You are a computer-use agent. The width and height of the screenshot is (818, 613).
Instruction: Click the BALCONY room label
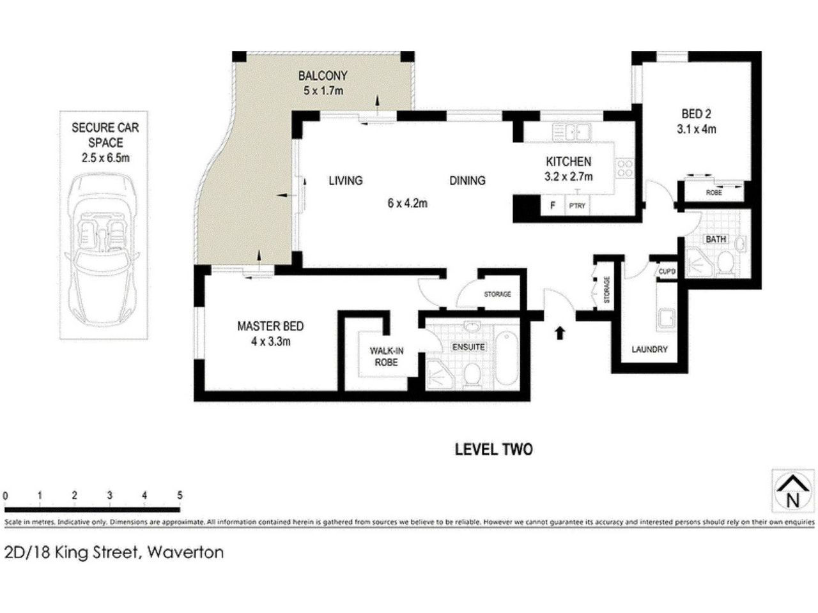pos(323,76)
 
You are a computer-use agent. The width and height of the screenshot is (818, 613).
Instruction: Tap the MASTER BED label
pos(270,326)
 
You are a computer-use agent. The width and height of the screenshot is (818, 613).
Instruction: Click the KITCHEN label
pos(568,162)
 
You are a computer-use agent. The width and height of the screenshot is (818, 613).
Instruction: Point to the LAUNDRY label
pos(649,349)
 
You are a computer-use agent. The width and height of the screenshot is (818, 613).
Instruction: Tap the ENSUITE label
pos(468,347)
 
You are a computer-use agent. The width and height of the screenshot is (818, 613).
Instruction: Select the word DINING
pos(467,181)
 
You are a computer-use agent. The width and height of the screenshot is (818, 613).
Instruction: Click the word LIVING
pos(345,181)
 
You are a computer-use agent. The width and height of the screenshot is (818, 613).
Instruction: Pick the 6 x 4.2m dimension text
pos(407,204)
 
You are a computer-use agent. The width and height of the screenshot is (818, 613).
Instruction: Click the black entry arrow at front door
pos(560,332)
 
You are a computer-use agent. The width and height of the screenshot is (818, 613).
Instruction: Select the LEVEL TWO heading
pos(493,450)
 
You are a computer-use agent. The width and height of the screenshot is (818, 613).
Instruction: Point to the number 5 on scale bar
pos(180,496)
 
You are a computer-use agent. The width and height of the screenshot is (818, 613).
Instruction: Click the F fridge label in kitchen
pos(553,206)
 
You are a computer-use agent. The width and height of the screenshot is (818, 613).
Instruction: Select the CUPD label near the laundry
pos(667,271)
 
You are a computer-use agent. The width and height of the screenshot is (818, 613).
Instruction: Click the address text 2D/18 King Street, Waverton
pos(114,552)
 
